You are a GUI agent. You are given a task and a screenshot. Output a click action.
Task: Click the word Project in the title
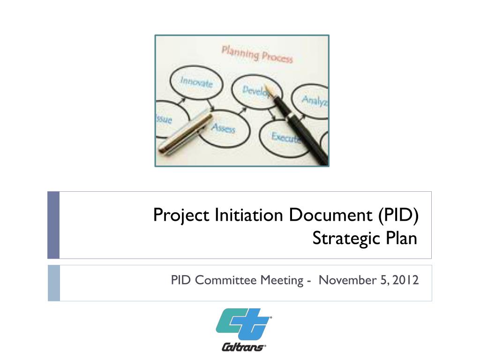[x=181, y=215]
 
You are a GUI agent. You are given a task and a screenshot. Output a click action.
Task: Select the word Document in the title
[x=330, y=215]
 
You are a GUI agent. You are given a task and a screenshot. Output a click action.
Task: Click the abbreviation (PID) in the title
[x=398, y=215]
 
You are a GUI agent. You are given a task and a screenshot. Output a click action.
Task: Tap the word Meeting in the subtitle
[x=282, y=281]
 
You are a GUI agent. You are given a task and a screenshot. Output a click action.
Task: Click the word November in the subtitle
[x=347, y=280]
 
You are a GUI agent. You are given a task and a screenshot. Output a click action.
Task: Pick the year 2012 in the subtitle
[x=405, y=280]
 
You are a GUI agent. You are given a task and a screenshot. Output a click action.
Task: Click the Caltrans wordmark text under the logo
[x=244, y=347]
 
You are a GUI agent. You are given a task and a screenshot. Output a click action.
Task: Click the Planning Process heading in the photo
[x=257, y=54]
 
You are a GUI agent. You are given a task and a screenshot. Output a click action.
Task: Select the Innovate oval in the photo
[x=196, y=82]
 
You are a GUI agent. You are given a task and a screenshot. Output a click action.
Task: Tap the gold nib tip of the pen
[x=266, y=86]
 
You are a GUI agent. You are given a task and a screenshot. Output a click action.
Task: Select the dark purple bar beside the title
[x=53, y=225]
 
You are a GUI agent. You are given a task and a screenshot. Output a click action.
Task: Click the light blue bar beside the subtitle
[x=54, y=283]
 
